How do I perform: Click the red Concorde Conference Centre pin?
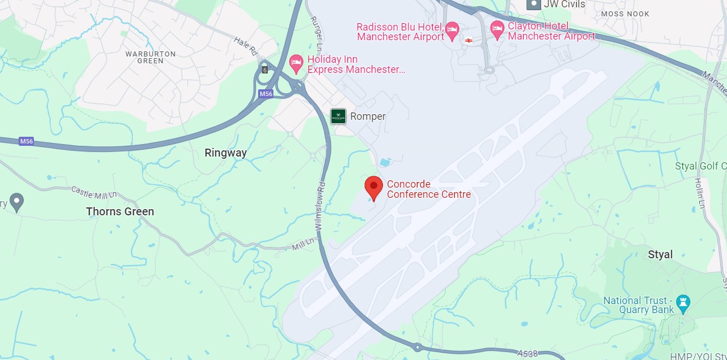pos(373,188)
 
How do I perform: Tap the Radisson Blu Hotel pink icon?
pos(452,31)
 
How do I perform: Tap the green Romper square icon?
pos(338,116)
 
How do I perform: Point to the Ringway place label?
pos(225,153)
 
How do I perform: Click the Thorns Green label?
pos(120,212)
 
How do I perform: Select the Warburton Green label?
pos(150,57)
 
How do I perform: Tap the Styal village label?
pos(660,255)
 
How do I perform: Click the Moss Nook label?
pos(625,14)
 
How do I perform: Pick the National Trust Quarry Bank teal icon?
pos(685,303)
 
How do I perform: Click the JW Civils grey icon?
pos(533,5)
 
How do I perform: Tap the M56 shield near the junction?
pos(265,94)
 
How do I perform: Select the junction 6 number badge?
pos(264,70)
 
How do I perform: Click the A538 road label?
pos(527,353)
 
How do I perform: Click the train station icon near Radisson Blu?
pos(468,40)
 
